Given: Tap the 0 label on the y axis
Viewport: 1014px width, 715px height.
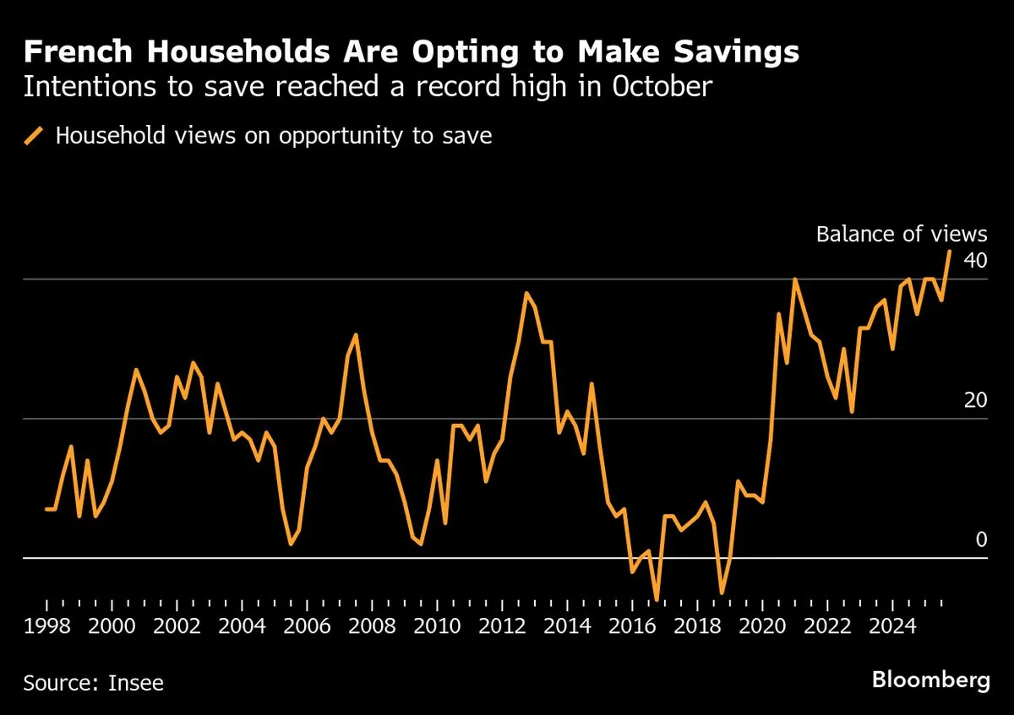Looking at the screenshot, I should click(981, 539).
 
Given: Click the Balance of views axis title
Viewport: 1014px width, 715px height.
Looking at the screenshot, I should click(901, 234).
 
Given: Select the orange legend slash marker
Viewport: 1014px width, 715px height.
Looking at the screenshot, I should click(34, 136).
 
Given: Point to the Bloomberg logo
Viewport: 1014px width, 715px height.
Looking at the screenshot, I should click(930, 680).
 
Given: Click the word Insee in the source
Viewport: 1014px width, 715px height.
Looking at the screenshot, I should click(136, 682).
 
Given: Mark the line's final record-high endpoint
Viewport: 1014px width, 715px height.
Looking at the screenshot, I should click(950, 251).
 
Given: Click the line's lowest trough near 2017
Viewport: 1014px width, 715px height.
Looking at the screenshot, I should click(657, 599).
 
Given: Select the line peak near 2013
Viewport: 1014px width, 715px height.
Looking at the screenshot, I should click(526, 293).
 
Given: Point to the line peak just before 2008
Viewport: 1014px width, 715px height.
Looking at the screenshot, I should click(356, 335).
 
